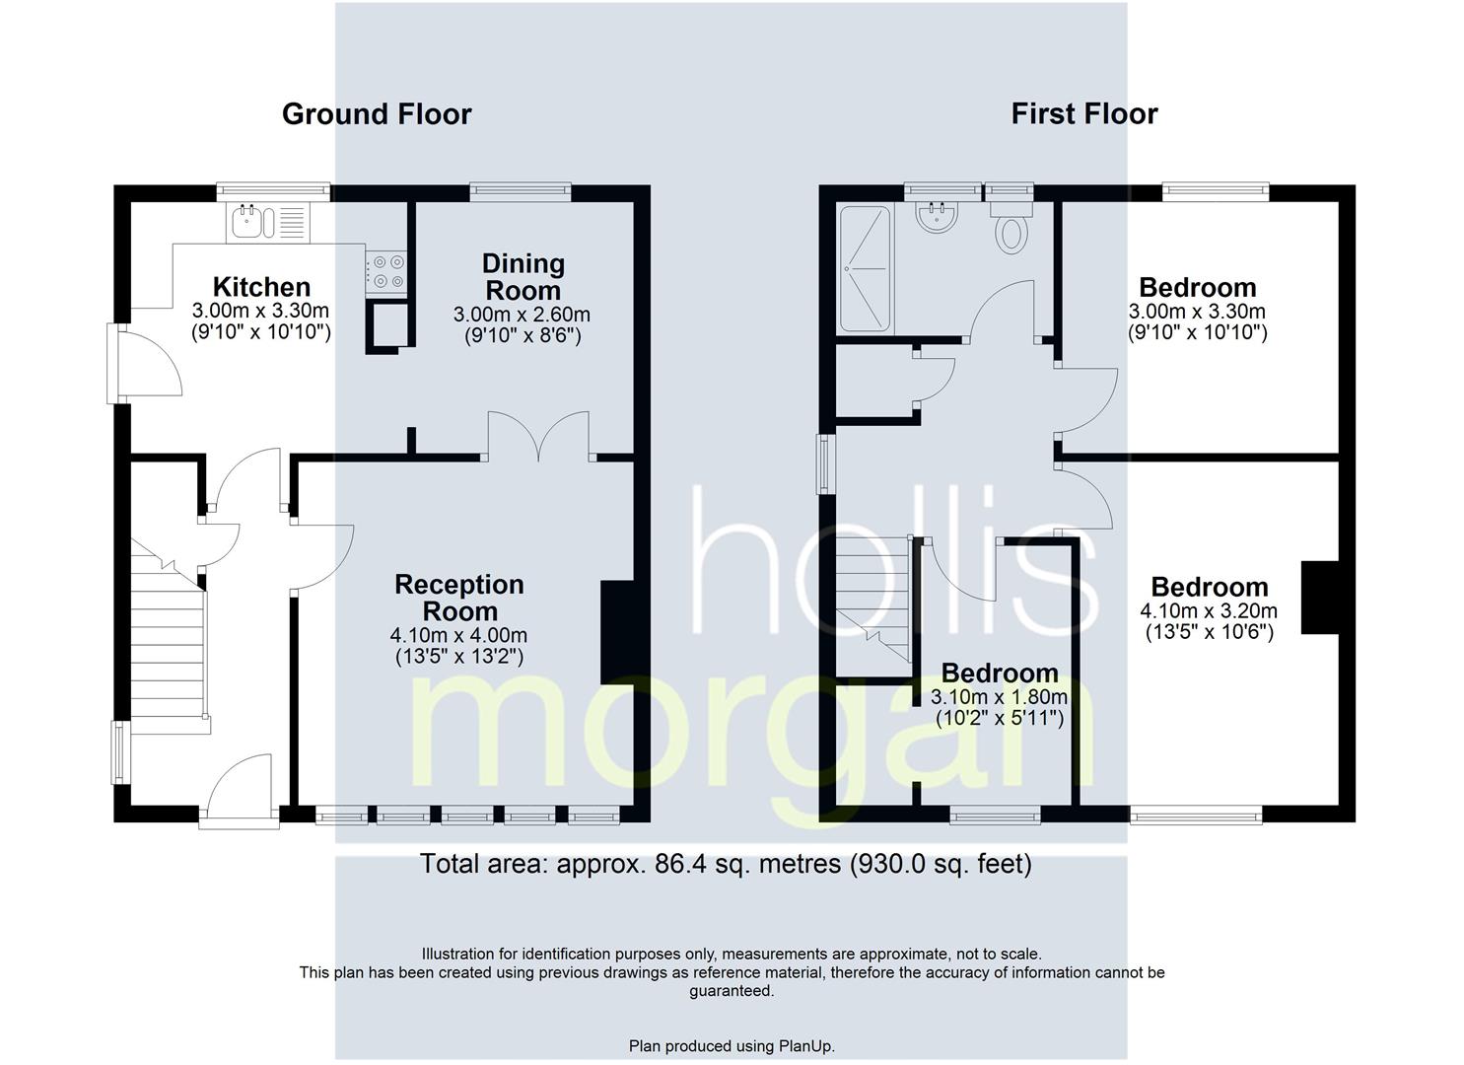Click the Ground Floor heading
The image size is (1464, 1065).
(377, 114)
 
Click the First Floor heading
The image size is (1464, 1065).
(1084, 114)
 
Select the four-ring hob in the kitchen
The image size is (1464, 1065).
(385, 272)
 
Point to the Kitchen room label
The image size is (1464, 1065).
(261, 287)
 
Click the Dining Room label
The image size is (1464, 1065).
(523, 276)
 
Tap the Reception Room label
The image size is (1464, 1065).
(459, 598)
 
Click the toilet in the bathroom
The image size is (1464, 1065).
(1011, 227)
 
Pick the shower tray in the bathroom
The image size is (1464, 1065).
(865, 268)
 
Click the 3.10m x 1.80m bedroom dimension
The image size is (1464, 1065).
(1000, 697)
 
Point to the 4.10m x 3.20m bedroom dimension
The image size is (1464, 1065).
(1209, 610)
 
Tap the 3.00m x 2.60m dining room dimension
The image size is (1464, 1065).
(522, 315)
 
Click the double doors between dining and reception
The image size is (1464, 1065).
(538, 436)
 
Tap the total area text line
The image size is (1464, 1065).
(726, 864)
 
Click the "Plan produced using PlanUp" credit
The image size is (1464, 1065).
(732, 1046)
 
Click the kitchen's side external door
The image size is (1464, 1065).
(145, 363)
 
